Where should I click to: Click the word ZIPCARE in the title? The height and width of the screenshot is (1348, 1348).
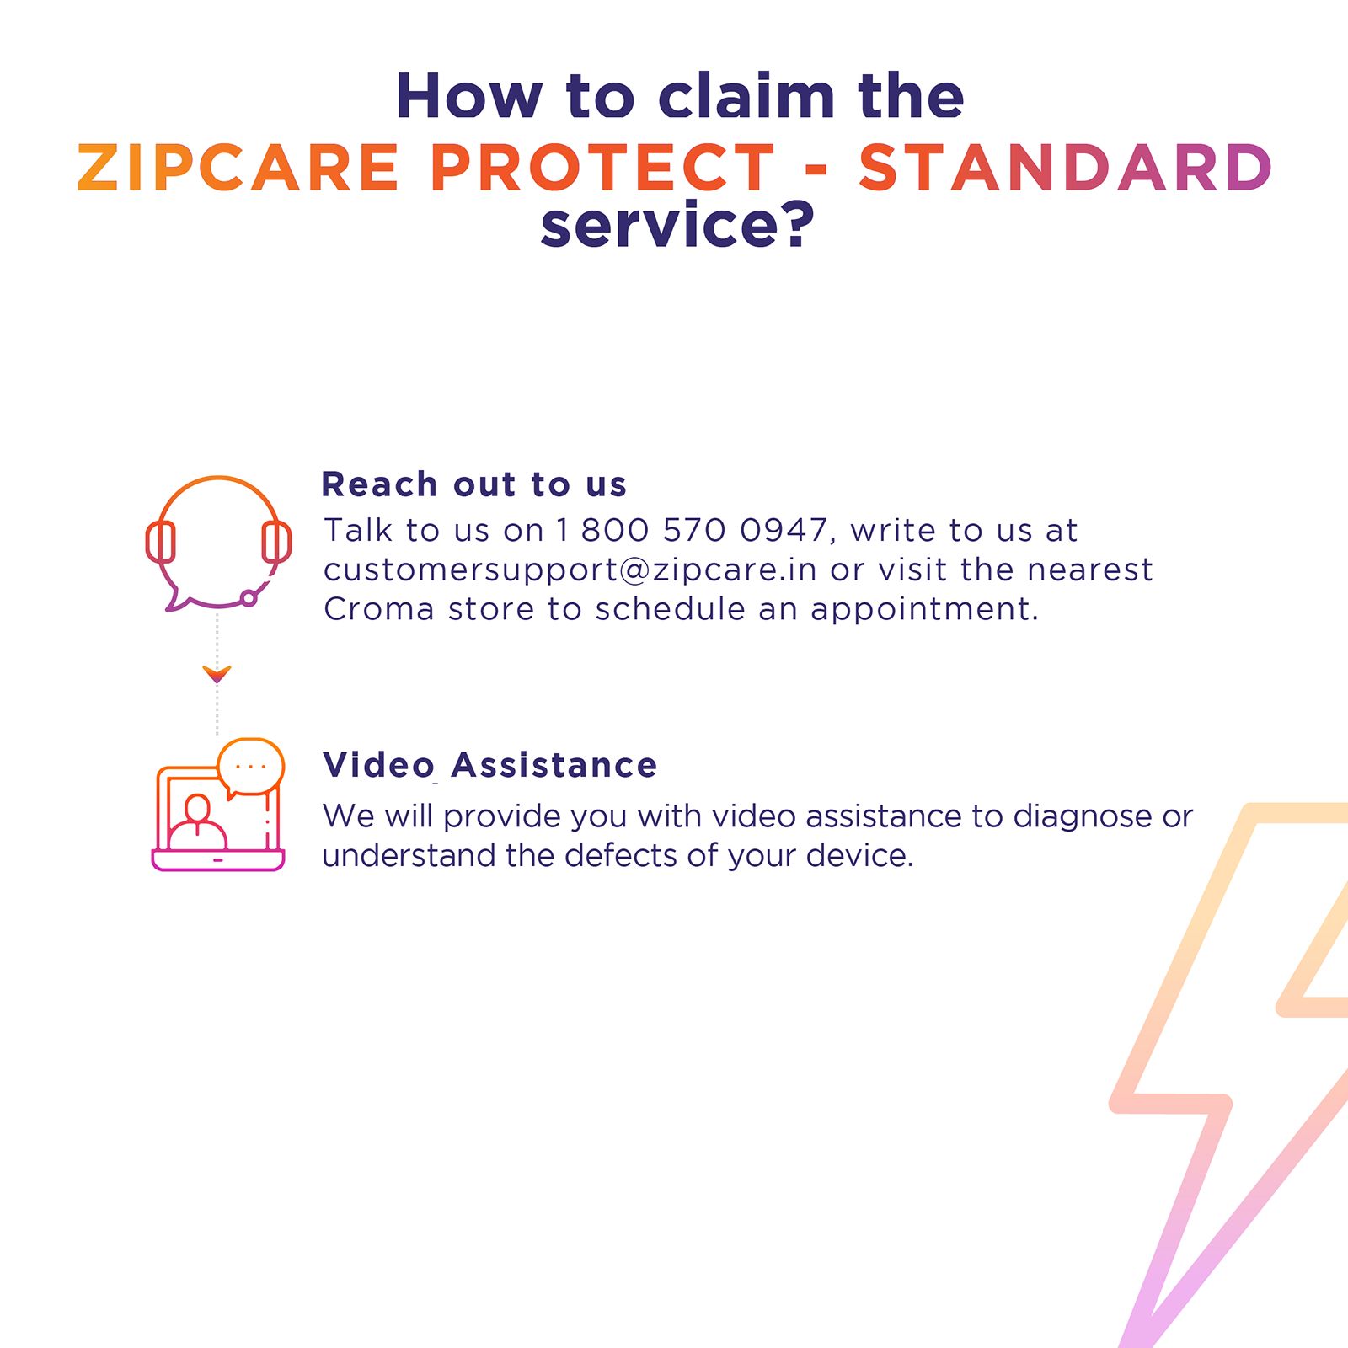click(238, 167)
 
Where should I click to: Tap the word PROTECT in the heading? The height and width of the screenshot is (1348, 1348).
click(602, 167)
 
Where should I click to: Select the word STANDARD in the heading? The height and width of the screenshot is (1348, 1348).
click(1065, 167)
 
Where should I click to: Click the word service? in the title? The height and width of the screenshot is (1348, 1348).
click(677, 226)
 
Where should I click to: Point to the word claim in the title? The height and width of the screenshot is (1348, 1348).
click(746, 96)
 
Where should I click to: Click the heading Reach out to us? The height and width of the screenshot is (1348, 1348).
click(474, 484)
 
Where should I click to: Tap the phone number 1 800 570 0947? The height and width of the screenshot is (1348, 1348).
click(691, 530)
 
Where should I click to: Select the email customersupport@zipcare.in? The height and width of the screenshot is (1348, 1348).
click(570, 570)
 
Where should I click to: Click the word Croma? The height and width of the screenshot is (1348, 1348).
click(378, 608)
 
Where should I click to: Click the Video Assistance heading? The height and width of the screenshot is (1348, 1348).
click(489, 765)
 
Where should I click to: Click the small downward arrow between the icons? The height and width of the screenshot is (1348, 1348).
click(217, 673)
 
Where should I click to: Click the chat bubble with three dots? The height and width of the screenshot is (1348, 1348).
click(251, 766)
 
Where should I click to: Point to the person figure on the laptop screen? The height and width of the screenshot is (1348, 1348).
click(197, 823)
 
